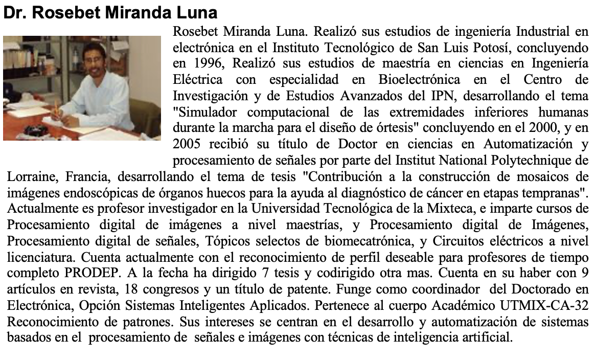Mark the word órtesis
(379, 128)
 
